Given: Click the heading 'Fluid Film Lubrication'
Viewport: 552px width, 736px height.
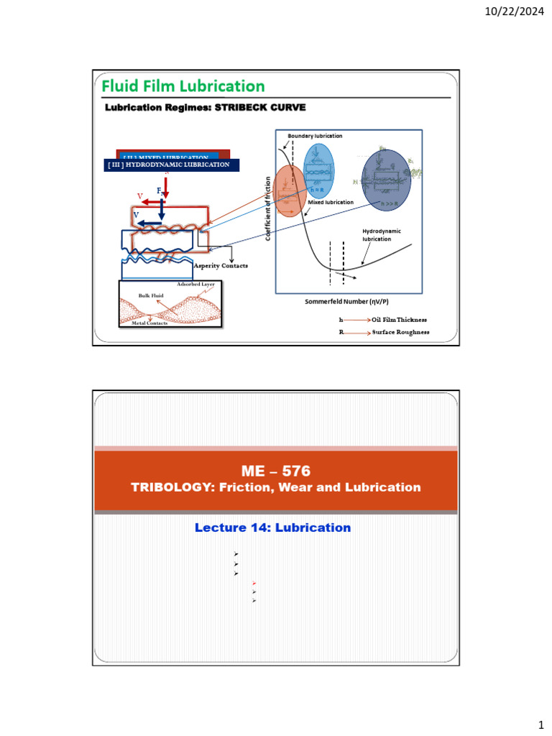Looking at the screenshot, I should pyautogui.click(x=183, y=86).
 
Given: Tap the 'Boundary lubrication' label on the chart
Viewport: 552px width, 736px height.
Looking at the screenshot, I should pyautogui.click(x=315, y=136).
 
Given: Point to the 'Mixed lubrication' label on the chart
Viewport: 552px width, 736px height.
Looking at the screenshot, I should pyautogui.click(x=331, y=203).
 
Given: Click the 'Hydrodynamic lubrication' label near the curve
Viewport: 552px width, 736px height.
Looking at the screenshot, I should pyautogui.click(x=381, y=235).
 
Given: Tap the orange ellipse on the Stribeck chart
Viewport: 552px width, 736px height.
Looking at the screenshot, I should pyautogui.click(x=291, y=190).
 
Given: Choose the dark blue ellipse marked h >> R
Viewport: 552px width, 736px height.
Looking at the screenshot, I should pyautogui.click(x=386, y=177).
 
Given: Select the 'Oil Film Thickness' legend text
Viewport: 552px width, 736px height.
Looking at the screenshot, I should pyautogui.click(x=399, y=319).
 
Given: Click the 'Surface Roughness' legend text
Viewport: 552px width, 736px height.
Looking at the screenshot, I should pyautogui.click(x=400, y=332).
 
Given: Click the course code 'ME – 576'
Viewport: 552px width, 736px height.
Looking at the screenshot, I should pyautogui.click(x=276, y=471).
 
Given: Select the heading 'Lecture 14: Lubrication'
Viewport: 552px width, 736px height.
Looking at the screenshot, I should pyautogui.click(x=272, y=528).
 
